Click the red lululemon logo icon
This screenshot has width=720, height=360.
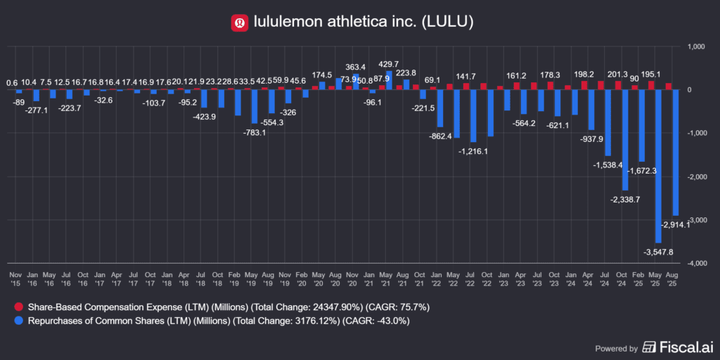coord(240,23)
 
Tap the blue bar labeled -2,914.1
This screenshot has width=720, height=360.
coord(675,153)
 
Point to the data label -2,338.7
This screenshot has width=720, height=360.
coord(625,199)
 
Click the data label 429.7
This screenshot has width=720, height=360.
coord(390,64)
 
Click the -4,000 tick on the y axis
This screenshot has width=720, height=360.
coord(695,263)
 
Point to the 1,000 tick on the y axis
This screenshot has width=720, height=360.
coord(695,47)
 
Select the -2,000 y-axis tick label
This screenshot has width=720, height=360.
coord(695,176)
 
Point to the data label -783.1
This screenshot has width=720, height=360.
coord(254,132)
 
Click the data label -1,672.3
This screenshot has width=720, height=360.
coord(641,170)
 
